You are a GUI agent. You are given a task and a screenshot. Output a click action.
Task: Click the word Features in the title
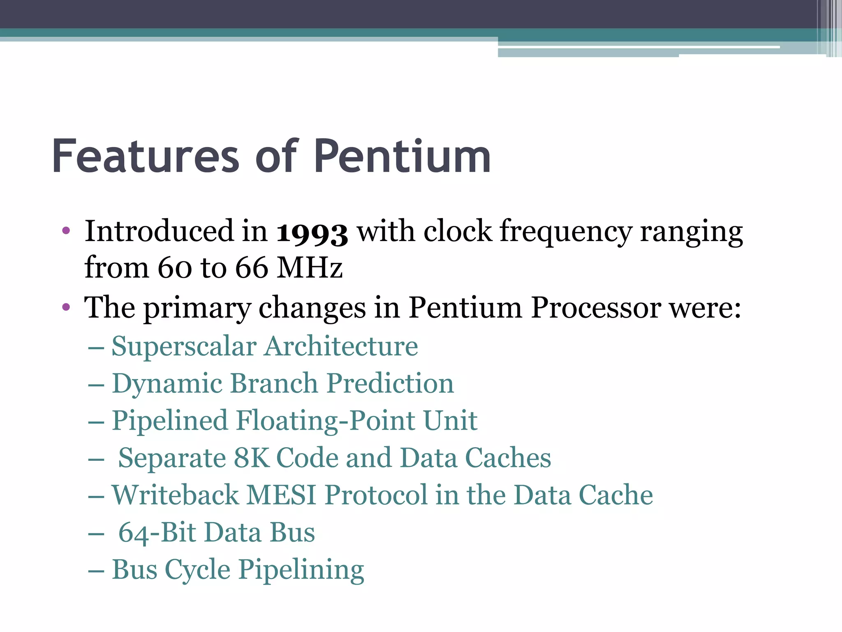pyautogui.click(x=145, y=157)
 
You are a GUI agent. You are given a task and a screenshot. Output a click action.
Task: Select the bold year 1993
pyautogui.click(x=312, y=232)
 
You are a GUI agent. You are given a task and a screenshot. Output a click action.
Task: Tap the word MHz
pyautogui.click(x=310, y=268)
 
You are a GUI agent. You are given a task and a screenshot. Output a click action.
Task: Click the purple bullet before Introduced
pyautogui.click(x=66, y=230)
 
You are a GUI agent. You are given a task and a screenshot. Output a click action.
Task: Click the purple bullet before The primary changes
pyautogui.click(x=66, y=307)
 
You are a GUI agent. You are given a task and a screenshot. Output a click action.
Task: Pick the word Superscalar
pyautogui.click(x=184, y=346)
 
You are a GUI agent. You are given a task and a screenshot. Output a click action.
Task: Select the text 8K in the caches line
pyautogui.click(x=251, y=458)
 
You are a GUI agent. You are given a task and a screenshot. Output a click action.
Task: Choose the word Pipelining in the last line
pyautogui.click(x=301, y=570)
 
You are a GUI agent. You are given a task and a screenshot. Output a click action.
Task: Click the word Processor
pyautogui.click(x=596, y=308)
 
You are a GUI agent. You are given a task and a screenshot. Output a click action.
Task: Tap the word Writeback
pyautogui.click(x=175, y=495)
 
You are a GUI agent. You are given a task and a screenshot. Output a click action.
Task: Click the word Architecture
pyautogui.click(x=341, y=346)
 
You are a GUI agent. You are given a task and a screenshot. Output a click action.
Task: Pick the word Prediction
pyautogui.click(x=390, y=383)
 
